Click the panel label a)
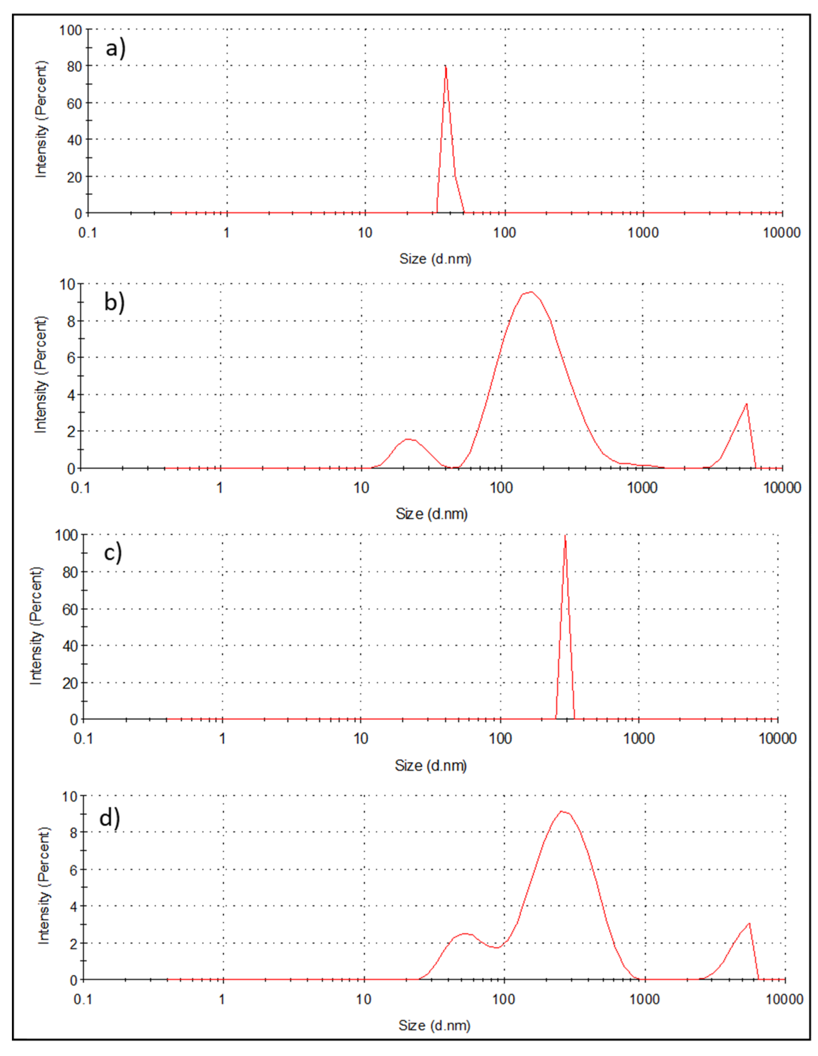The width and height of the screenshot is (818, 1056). click(115, 48)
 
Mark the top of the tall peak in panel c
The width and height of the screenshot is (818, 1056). click(565, 536)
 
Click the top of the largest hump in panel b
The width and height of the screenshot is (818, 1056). click(531, 292)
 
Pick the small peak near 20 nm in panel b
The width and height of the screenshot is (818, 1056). click(408, 439)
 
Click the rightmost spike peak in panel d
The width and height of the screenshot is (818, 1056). click(749, 924)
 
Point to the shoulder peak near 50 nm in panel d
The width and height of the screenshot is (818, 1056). click(465, 934)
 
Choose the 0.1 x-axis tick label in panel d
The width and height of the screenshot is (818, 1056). click(83, 999)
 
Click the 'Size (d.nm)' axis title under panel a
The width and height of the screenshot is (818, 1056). click(435, 259)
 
